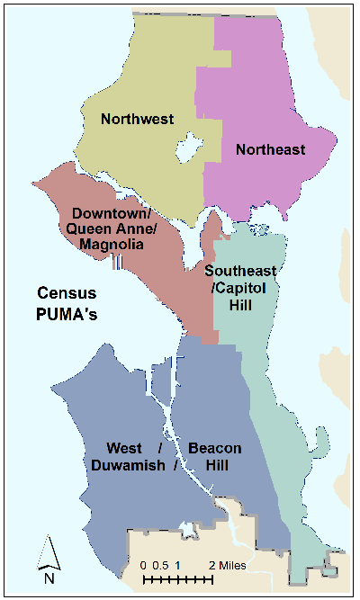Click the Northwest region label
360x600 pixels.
click(137, 118)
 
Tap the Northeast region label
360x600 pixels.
click(270, 149)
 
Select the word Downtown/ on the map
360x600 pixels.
click(111, 214)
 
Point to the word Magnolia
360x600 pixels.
click(111, 245)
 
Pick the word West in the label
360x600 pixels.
click(125, 448)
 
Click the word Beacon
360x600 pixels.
click(214, 448)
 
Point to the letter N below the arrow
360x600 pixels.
click(49, 578)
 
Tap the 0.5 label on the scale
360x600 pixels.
click(163, 565)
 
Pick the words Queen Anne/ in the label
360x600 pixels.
click(111, 229)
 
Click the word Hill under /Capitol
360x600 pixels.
click(238, 306)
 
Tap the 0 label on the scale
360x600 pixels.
click(144, 565)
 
